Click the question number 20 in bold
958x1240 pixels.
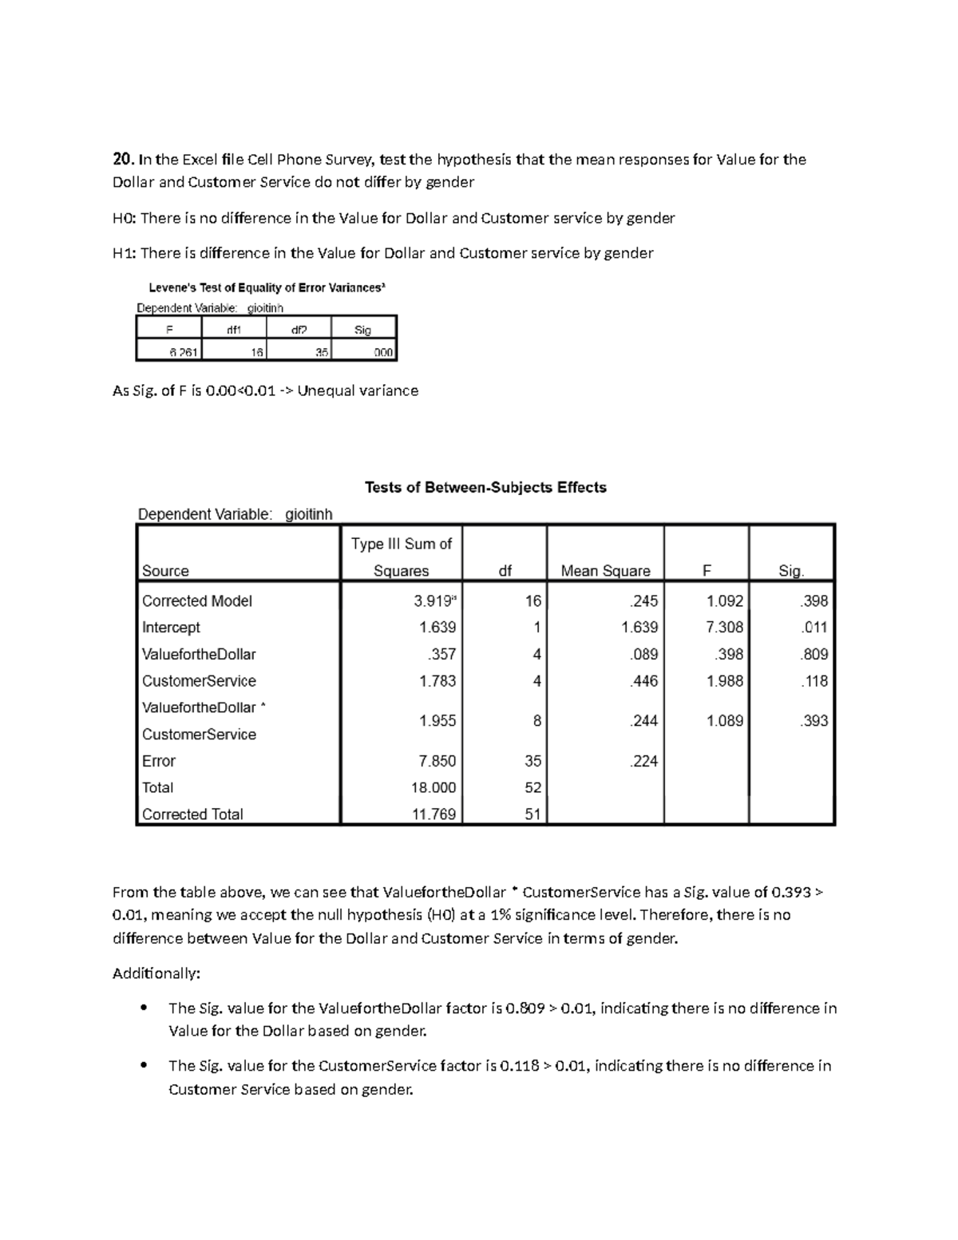coord(123,159)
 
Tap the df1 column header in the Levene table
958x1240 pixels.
coord(234,329)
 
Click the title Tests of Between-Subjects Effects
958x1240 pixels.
coord(485,487)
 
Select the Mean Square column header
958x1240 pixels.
coord(605,571)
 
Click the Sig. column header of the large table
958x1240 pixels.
coord(791,571)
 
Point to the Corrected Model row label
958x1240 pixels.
coord(197,600)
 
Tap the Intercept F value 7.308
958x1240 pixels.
coord(724,628)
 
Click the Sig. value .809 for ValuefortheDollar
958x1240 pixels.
coord(814,654)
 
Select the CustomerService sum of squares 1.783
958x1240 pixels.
coord(437,681)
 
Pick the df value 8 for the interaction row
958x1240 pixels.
coord(536,721)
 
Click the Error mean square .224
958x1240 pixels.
coord(643,761)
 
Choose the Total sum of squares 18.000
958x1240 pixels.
coord(433,787)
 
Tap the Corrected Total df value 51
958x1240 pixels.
coord(532,814)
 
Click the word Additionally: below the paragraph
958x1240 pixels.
coord(156,973)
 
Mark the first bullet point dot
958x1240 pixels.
coord(144,1008)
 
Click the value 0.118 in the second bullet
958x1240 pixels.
coord(519,1066)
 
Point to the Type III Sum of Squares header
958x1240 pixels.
coord(402,557)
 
